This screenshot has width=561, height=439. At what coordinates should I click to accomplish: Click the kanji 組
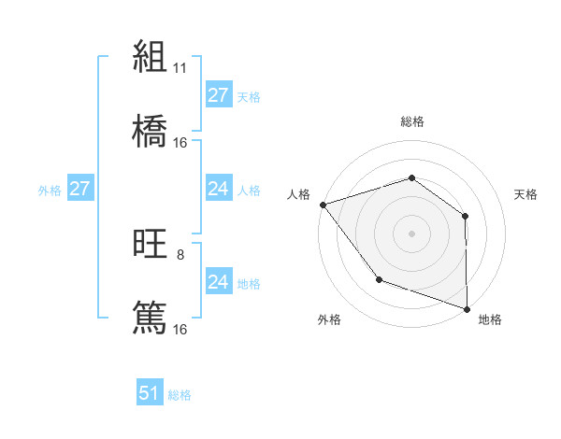pos(150,57)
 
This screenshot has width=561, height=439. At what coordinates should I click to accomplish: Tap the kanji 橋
pos(150,132)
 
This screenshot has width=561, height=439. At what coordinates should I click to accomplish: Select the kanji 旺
pos(150,244)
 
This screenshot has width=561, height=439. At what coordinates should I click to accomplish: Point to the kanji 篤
pos(150,318)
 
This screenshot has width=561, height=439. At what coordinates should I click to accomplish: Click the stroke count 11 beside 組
pos(180,68)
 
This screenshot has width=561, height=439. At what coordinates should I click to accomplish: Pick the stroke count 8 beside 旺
pos(180,254)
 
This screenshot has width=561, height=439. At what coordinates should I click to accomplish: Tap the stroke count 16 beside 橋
pos(180,143)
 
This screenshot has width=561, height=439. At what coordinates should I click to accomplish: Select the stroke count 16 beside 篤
pos(180,329)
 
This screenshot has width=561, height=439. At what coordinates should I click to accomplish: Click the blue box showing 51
pos(150,393)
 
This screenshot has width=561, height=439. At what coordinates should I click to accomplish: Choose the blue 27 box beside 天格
pos(219,95)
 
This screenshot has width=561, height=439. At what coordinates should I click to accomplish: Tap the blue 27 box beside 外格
pos(80,189)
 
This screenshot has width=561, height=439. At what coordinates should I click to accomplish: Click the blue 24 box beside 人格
pos(219,189)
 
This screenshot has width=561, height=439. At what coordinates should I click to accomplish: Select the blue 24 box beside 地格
pos(219,282)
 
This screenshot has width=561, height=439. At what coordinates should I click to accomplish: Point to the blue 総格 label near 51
pos(180,395)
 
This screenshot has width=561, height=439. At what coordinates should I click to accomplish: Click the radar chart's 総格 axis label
pos(411,121)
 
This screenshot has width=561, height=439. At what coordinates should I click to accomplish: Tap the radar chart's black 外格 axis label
pos(329,319)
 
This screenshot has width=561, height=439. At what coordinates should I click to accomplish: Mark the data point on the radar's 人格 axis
pos(323,205)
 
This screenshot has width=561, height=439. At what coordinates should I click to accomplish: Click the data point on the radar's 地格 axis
pos(467,308)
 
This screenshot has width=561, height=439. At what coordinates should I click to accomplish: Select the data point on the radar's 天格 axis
pos(465,216)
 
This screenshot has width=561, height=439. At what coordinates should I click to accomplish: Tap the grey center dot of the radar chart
pos(411,233)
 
